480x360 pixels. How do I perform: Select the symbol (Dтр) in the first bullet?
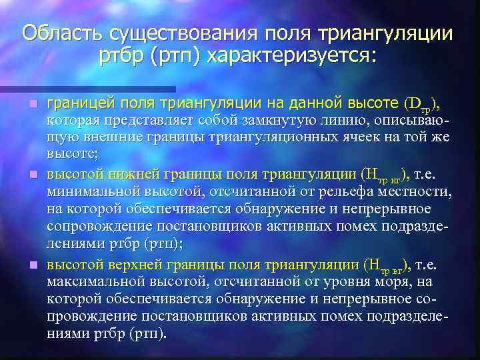[422, 104]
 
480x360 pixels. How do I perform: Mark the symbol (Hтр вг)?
[386, 265]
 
